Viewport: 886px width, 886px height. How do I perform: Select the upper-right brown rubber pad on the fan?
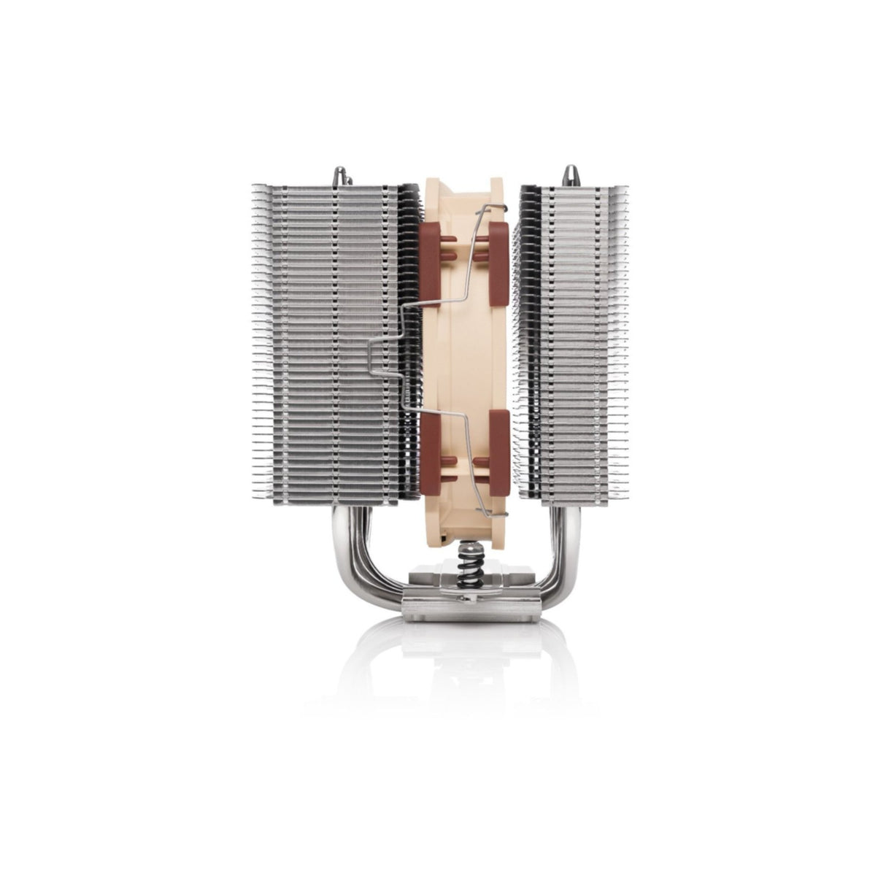coord(496,248)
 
